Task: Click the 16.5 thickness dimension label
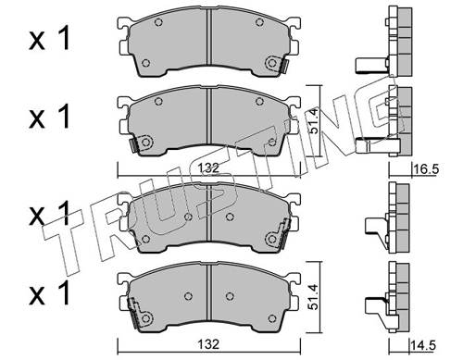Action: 426,169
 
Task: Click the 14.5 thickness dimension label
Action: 423,345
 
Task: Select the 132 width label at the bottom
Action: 208,344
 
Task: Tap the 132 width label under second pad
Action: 208,168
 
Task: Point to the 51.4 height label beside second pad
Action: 314,121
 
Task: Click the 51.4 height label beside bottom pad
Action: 314,297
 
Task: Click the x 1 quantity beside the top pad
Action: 50,39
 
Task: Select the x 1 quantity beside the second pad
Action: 50,117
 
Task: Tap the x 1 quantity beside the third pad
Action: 50,214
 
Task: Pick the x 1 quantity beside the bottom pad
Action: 50,292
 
